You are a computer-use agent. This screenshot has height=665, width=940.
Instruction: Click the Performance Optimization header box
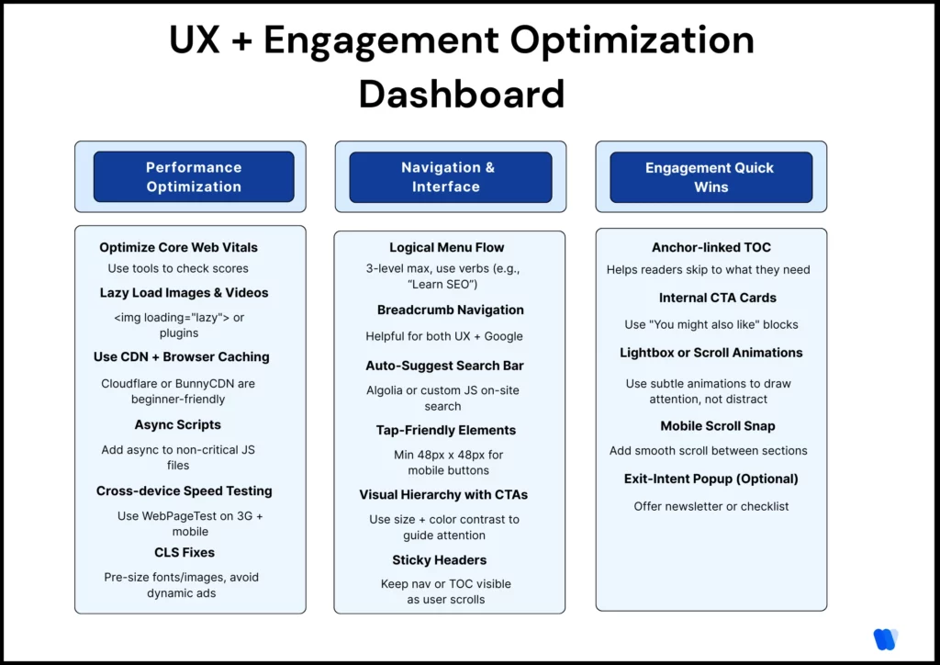(x=194, y=176)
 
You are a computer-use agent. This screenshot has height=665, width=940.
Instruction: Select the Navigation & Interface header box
(x=450, y=176)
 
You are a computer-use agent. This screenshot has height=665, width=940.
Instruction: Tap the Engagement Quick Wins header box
(x=711, y=176)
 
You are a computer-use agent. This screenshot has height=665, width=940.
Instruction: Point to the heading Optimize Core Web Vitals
(x=178, y=247)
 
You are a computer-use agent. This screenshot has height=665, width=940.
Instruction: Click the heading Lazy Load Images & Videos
(x=185, y=293)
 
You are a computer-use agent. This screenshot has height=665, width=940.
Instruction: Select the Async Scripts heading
(x=178, y=424)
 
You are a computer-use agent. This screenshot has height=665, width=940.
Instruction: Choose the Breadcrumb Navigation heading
(x=451, y=310)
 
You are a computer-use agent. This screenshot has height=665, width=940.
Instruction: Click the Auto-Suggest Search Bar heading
(x=444, y=366)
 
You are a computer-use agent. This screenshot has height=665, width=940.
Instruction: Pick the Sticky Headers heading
(x=440, y=560)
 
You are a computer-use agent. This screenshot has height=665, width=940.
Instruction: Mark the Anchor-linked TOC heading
(x=711, y=247)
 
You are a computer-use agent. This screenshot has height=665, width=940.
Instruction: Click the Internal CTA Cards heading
(x=717, y=298)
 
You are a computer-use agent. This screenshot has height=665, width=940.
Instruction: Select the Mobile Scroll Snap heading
(x=717, y=426)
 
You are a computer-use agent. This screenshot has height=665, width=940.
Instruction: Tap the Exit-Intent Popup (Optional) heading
(x=711, y=479)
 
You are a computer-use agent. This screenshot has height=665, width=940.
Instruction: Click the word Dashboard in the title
(x=462, y=94)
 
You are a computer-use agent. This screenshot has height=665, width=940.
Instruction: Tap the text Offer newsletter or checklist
(x=711, y=506)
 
